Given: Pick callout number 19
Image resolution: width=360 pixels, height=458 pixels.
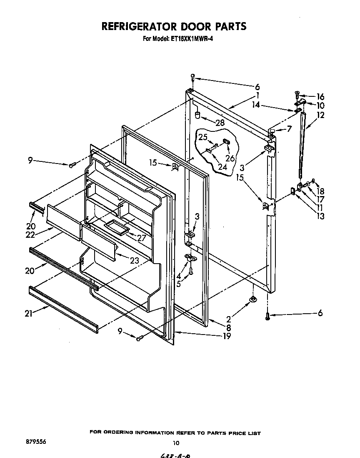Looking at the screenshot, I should pyautogui.click(x=227, y=336).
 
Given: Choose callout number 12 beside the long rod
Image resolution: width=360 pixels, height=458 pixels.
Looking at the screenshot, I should pyautogui.click(x=320, y=115).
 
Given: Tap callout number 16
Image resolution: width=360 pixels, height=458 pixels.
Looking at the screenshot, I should pyautogui.click(x=320, y=97).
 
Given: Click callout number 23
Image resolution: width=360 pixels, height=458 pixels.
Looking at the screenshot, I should pyautogui.click(x=134, y=261).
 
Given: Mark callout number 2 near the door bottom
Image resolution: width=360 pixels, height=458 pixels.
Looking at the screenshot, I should pyautogui.click(x=228, y=320).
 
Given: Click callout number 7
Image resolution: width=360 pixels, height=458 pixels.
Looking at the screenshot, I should pyautogui.click(x=288, y=130).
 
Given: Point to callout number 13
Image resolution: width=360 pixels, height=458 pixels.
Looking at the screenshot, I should pyautogui.click(x=320, y=216).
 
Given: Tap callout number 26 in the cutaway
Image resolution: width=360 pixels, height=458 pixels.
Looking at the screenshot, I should pyautogui.click(x=230, y=159).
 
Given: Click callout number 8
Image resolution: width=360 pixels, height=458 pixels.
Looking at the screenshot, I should pyautogui.click(x=228, y=328).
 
